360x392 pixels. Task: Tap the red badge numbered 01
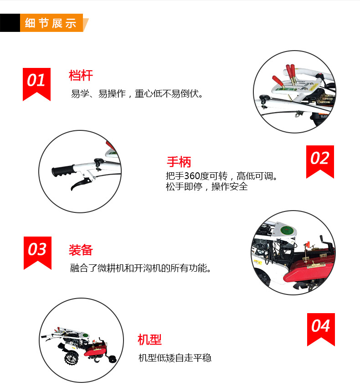pyautogui.click(x=36, y=84)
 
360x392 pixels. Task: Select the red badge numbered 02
pyautogui.click(x=320, y=161)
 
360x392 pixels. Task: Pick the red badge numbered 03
pyautogui.click(x=37, y=253)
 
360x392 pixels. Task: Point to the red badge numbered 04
pyautogui.click(x=321, y=329)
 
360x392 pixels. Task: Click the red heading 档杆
pyautogui.click(x=81, y=76)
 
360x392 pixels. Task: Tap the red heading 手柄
pyautogui.click(x=179, y=162)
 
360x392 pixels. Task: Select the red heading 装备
pyautogui.click(x=81, y=250)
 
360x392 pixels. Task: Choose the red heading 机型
pyautogui.click(x=149, y=340)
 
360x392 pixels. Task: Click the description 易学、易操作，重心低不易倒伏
pyautogui.click(x=137, y=94)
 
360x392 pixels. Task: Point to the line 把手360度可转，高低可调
pyautogui.click(x=221, y=176)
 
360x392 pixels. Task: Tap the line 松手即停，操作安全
pyautogui.click(x=207, y=186)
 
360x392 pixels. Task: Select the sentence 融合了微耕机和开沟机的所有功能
pyautogui.click(x=140, y=268)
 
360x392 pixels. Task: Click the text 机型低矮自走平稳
pyautogui.click(x=175, y=358)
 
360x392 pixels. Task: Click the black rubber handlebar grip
pyautogui.click(x=63, y=170)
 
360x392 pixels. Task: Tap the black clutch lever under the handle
pyautogui.click(x=81, y=184)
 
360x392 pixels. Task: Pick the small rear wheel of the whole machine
pyautogui.click(x=113, y=360)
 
